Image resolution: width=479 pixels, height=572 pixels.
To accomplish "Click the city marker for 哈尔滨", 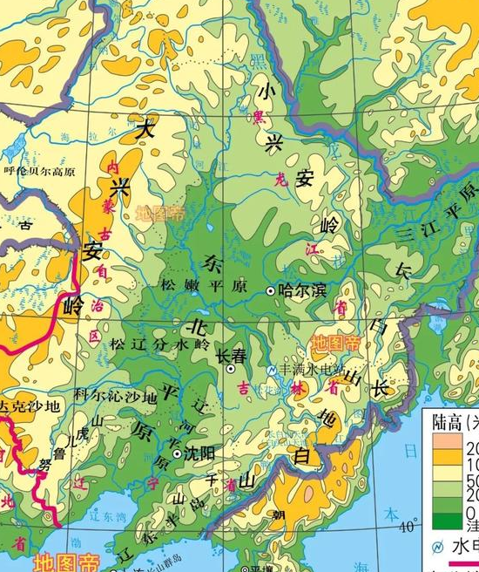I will [x=271, y=290].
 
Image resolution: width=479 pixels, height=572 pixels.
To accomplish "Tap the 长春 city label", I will [x=232, y=356].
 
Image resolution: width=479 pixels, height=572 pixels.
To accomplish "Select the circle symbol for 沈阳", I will [x=178, y=454].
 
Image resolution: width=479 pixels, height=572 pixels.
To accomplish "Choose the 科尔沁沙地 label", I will [x=115, y=395].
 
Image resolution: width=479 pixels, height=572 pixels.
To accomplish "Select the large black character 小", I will [x=266, y=88].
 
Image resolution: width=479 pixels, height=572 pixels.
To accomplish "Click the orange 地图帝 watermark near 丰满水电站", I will [x=336, y=343].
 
